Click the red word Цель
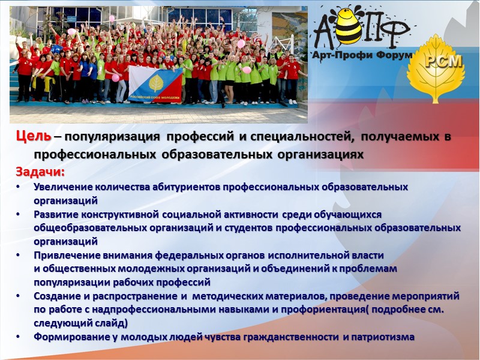pos(34,137)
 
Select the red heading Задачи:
pos(40,173)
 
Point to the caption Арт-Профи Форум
pos(363,55)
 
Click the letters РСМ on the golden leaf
pos(443,61)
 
